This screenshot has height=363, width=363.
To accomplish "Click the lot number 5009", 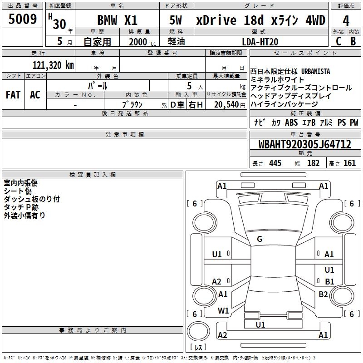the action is (x=23, y=20).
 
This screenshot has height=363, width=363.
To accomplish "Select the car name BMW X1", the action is (x=118, y=20).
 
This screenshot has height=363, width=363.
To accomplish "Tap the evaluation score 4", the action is (x=346, y=21).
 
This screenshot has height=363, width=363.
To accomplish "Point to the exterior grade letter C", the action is (x=338, y=40).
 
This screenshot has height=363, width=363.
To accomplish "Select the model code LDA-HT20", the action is (x=260, y=42).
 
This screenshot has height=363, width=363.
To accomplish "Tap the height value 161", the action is (x=349, y=163).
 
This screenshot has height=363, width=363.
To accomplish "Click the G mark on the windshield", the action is (x=260, y=239).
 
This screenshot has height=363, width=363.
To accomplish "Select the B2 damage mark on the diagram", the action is (x=323, y=294).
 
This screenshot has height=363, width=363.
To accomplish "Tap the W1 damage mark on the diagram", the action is (x=223, y=311).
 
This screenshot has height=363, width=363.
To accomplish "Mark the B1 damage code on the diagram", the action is (x=329, y=281).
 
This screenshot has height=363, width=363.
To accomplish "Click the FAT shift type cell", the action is (x=13, y=95).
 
